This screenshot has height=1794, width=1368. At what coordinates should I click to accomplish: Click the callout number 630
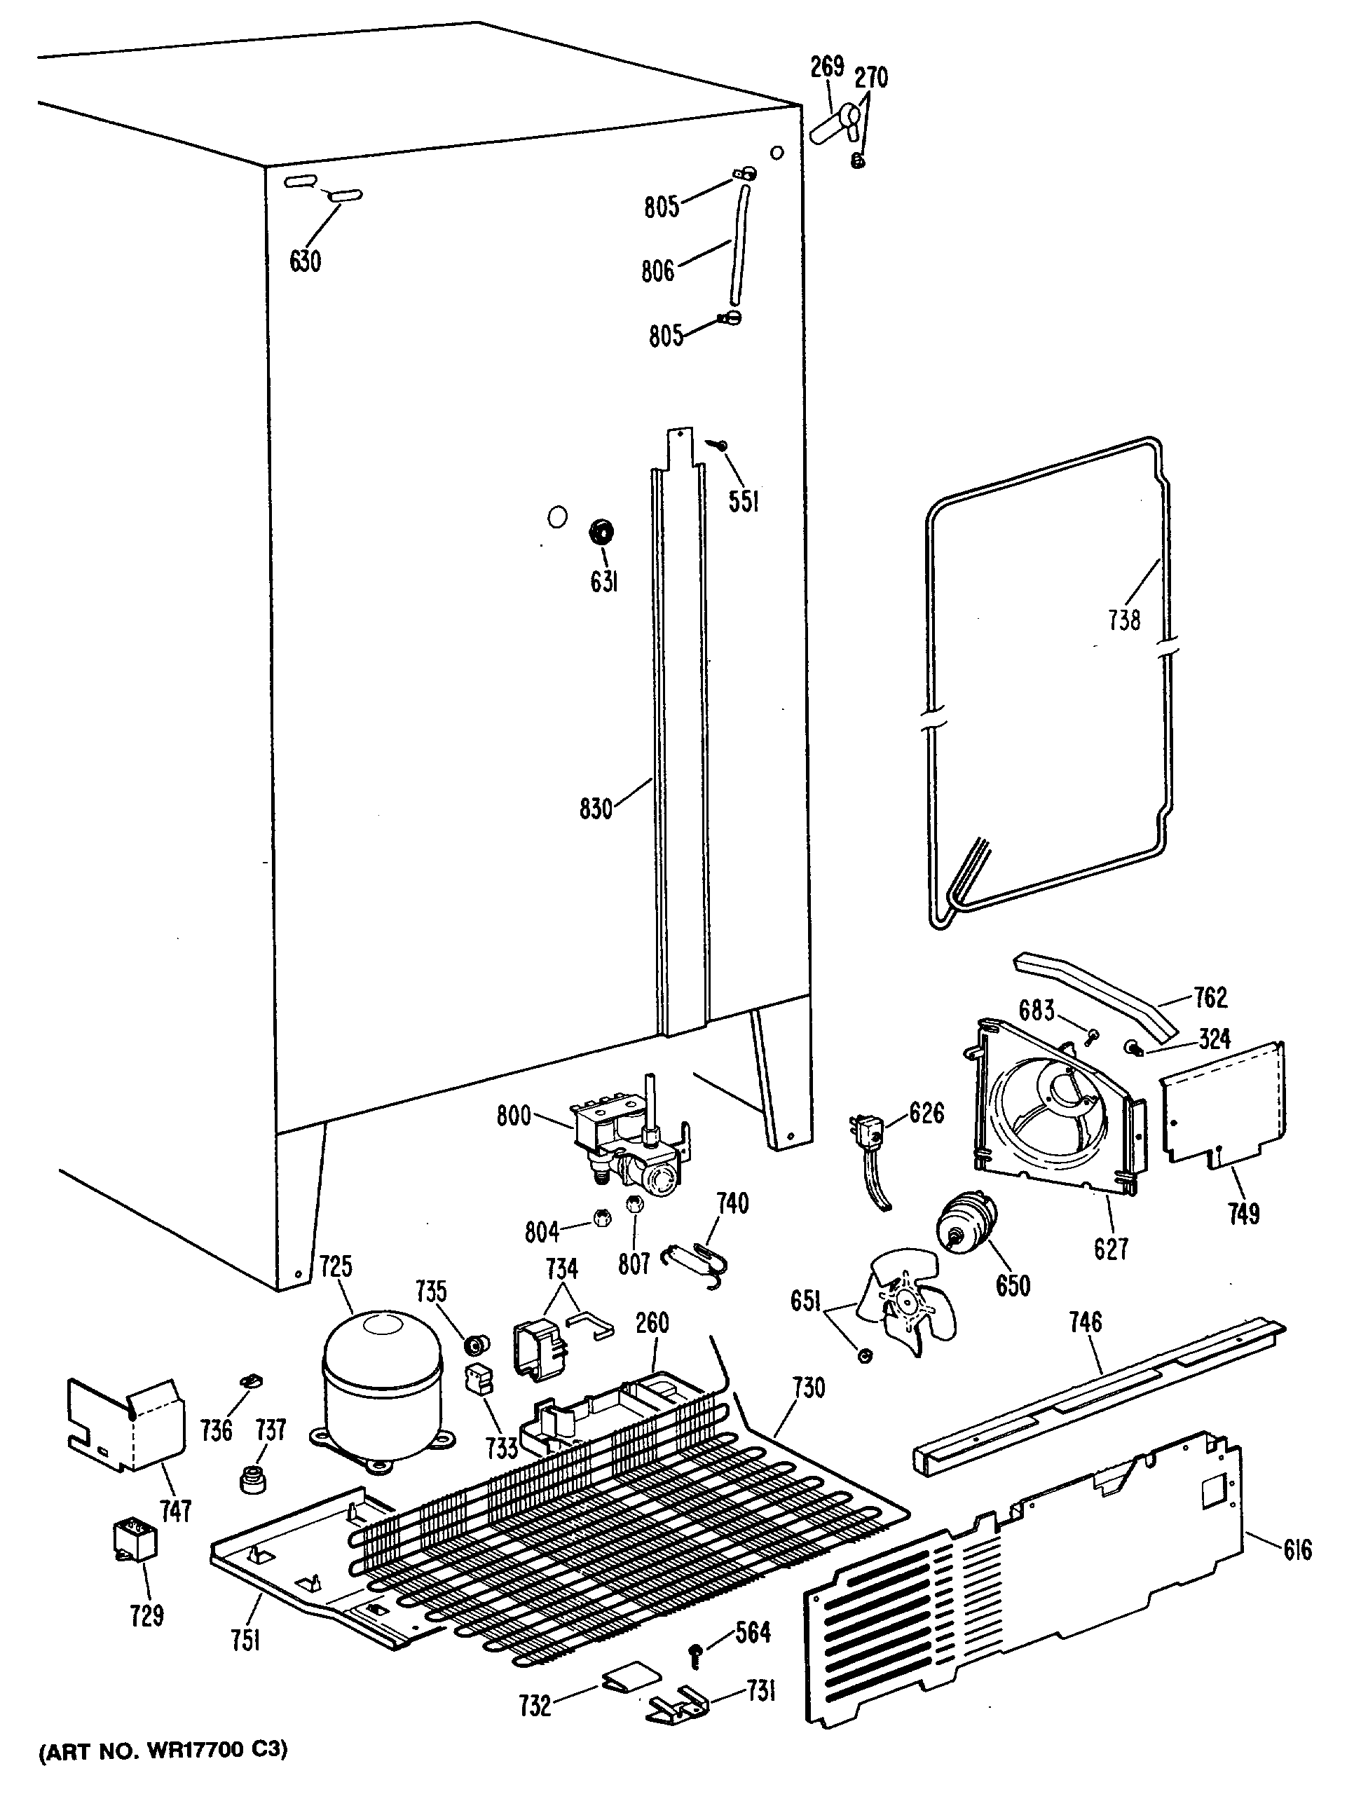(x=306, y=261)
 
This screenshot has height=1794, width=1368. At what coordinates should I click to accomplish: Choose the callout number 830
(x=595, y=809)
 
